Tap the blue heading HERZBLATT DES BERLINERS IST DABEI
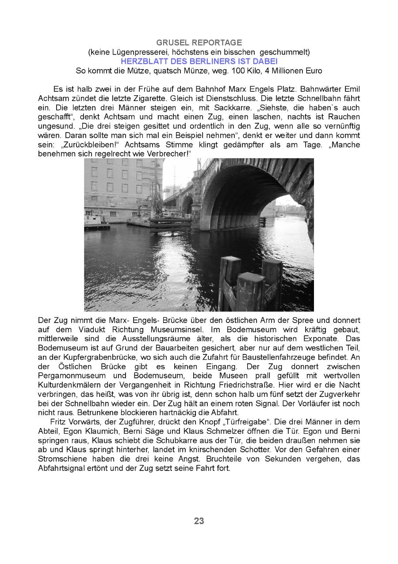pyautogui.click(x=199, y=61)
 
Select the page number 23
pyautogui.click(x=199, y=521)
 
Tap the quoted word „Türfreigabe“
pyautogui.click(x=223, y=421)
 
